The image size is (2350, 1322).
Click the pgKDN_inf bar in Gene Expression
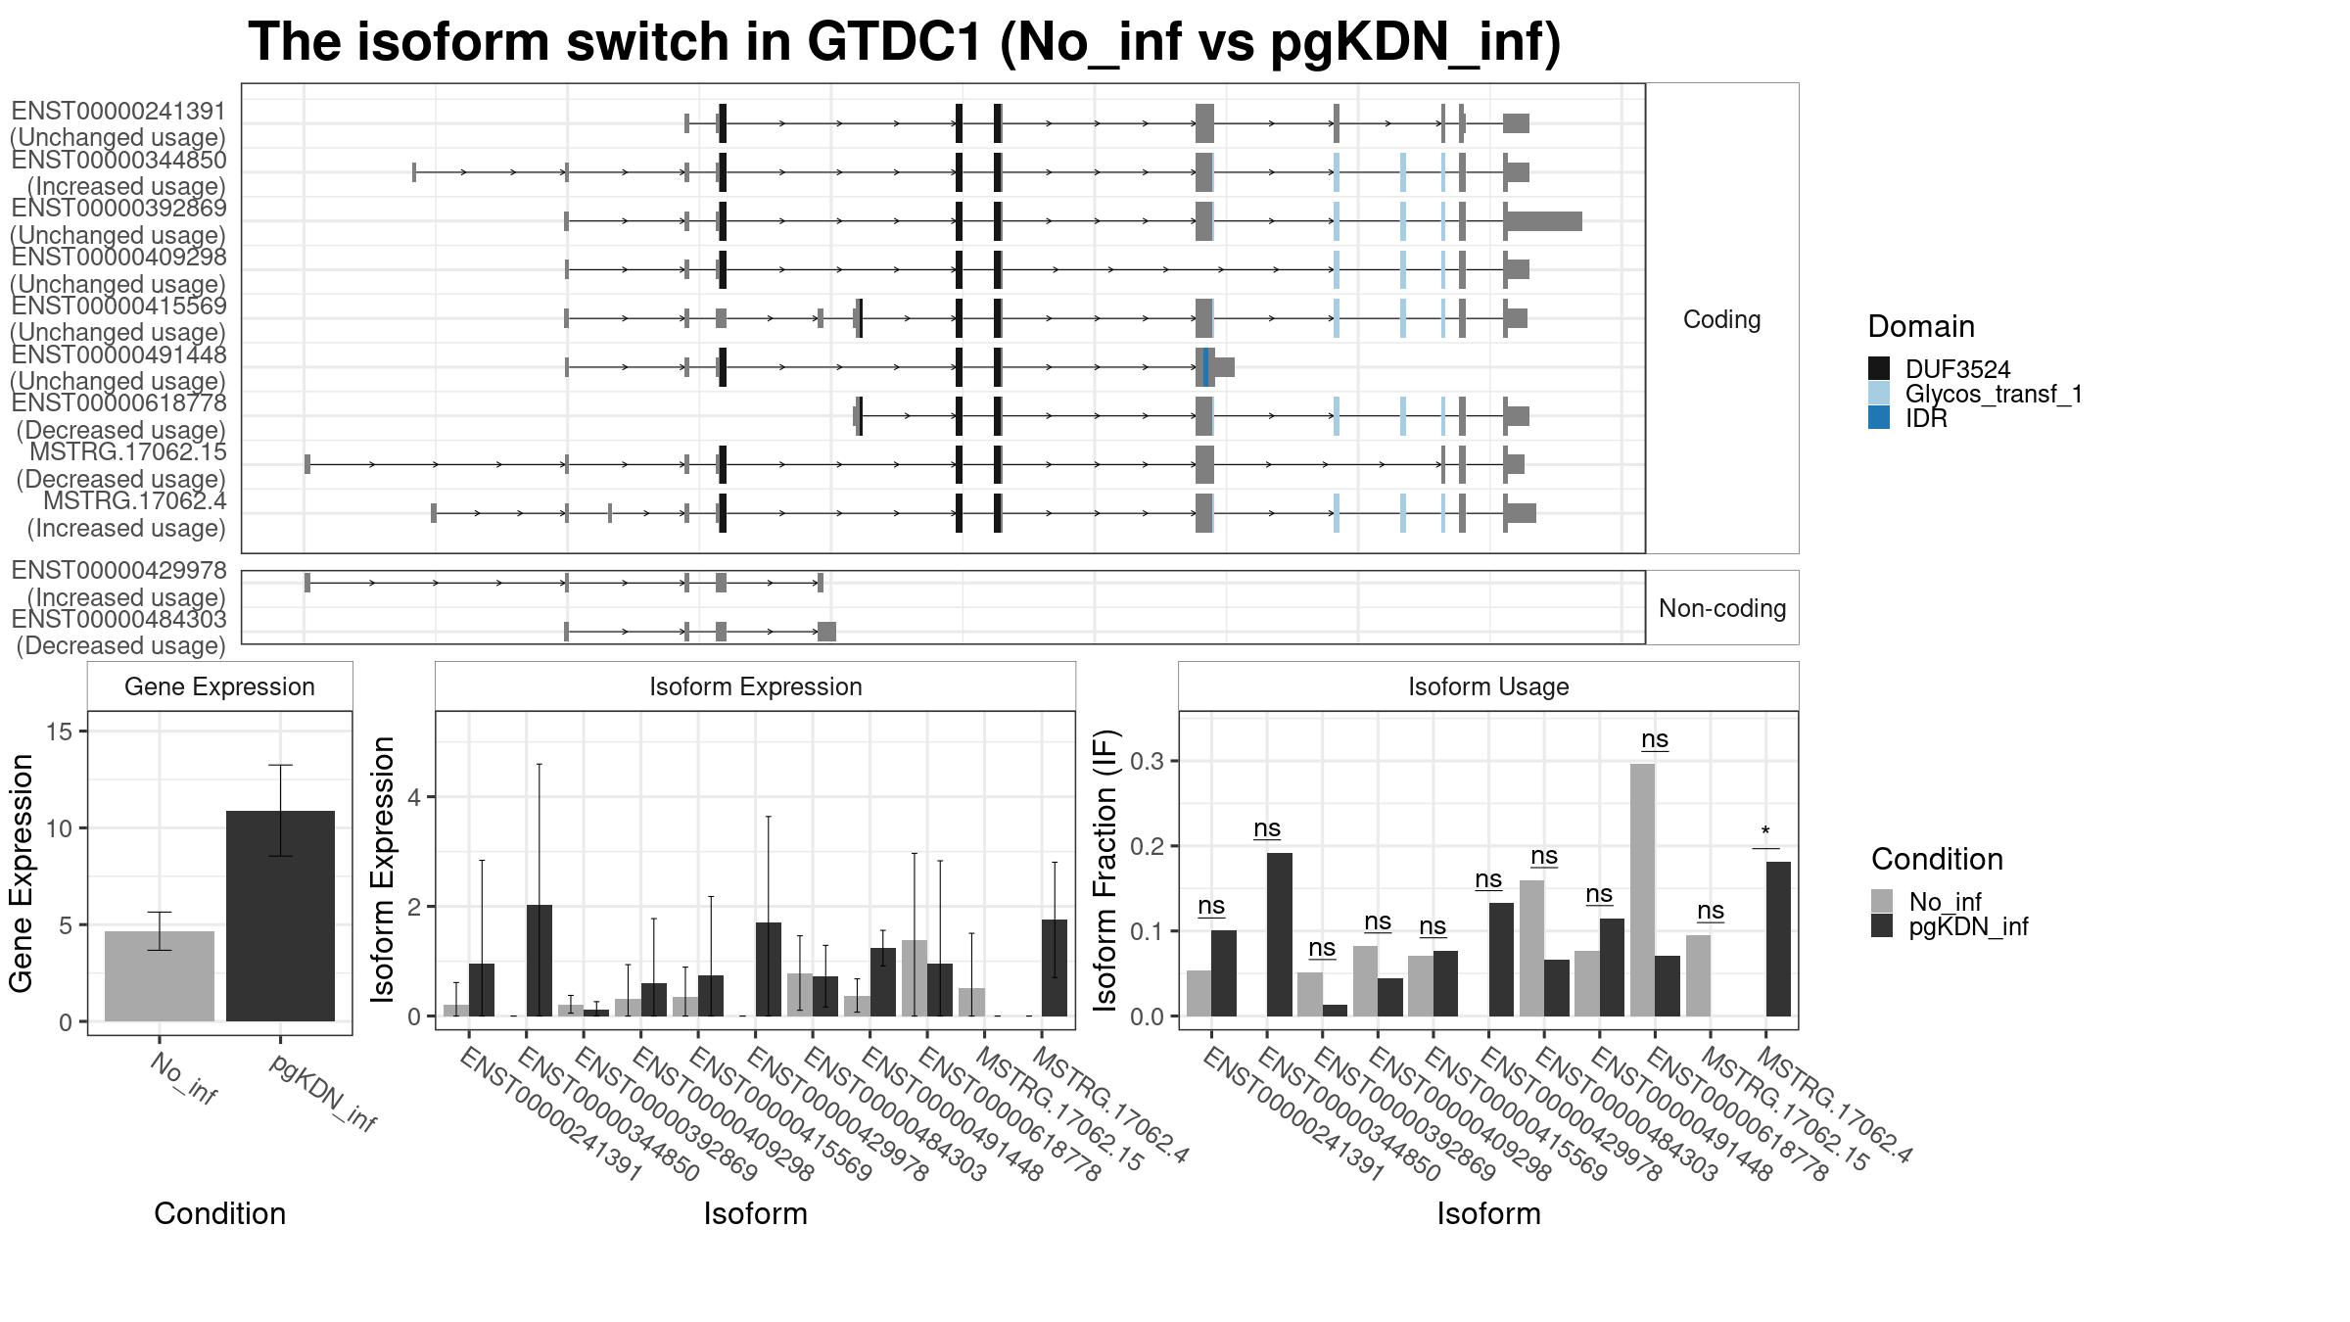280,916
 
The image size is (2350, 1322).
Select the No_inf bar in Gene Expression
160,976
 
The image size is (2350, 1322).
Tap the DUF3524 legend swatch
1879,369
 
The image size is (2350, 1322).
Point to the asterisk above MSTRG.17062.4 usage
1765,833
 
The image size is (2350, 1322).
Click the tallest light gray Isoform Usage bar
1643,890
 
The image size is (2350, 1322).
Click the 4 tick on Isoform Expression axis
415,797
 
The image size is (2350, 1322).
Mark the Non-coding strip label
1721,608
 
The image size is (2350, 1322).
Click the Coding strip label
1721,319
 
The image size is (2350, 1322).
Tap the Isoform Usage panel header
1488,686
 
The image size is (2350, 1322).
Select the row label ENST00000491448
118,354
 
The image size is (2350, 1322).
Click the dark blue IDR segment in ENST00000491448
1205,367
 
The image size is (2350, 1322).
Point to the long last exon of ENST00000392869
1544,221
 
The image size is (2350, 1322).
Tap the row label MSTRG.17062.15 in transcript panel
128,452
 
